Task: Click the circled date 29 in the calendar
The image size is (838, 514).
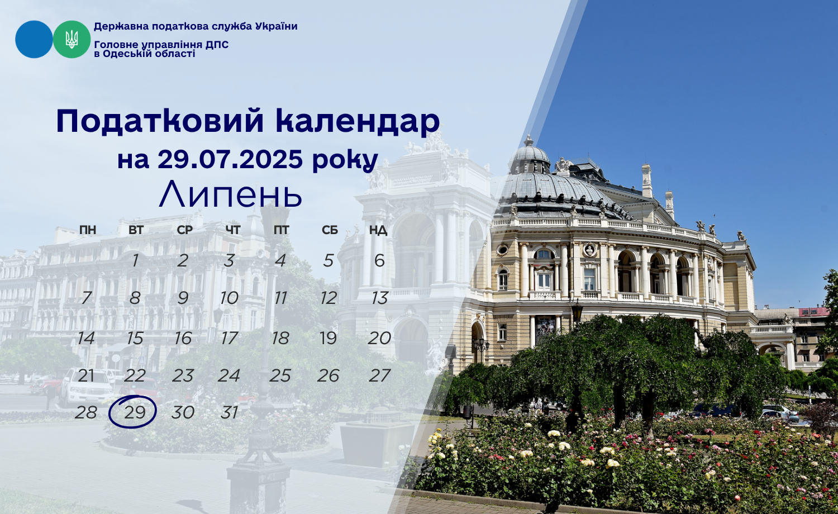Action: point(135,412)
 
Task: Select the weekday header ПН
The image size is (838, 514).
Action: point(88,230)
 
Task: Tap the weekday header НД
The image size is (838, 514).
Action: point(378,230)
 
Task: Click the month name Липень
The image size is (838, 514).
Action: point(230,194)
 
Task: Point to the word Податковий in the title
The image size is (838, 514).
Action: point(160,121)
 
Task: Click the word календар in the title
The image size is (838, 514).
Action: point(358,121)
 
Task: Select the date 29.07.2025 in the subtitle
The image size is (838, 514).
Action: point(230,159)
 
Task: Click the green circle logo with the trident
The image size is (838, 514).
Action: point(72,39)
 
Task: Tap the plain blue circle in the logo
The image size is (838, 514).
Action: point(34,39)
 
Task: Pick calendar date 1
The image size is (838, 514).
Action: point(135,260)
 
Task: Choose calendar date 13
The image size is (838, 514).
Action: point(379,298)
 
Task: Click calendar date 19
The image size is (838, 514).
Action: point(328,338)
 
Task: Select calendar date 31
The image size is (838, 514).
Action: point(229,412)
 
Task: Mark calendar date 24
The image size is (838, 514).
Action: point(229,375)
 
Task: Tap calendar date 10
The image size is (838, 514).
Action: point(229,298)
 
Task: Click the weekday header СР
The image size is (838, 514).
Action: point(185,230)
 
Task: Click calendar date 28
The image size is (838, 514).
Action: point(85,412)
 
